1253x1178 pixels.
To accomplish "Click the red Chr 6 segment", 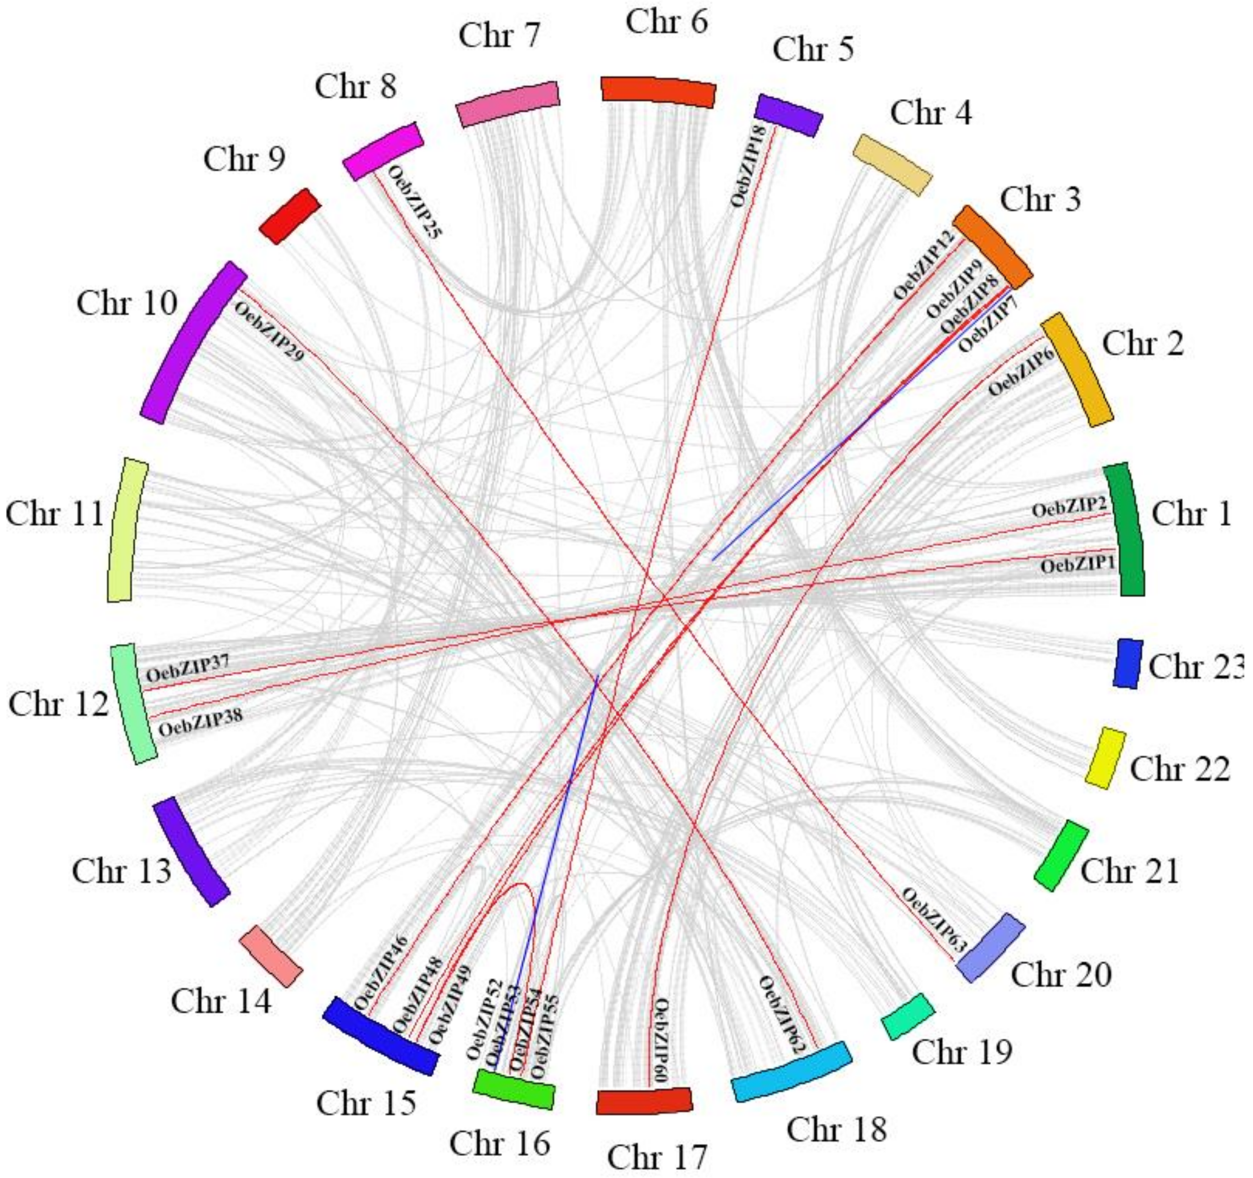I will click(x=658, y=90).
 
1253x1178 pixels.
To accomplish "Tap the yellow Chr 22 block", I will click(x=1105, y=758).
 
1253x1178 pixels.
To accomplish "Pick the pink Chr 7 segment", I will click(x=507, y=104).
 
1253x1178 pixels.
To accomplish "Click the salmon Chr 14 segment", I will click(x=271, y=956).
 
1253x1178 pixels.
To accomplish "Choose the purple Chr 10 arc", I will click(x=192, y=342).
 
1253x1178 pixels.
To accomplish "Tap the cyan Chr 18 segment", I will click(x=791, y=1079).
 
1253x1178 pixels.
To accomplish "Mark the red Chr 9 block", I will click(x=290, y=215).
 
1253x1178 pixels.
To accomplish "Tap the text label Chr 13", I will click(x=121, y=871).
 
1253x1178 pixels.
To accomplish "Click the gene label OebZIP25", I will click(x=415, y=202).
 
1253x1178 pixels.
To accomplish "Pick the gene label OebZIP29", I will click(x=269, y=331).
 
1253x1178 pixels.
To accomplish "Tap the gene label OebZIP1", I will click(x=1077, y=565).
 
